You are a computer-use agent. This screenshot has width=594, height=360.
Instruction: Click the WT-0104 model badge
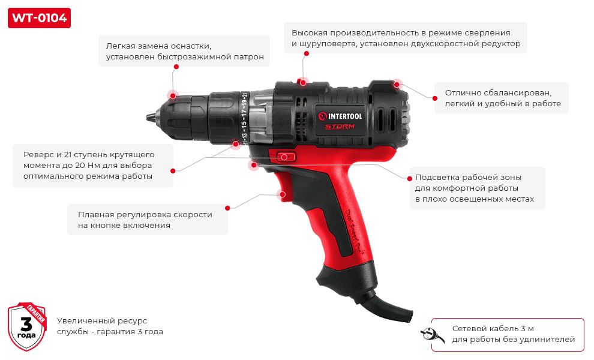click(x=39, y=18)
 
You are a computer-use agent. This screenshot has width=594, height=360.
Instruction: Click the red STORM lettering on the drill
click(x=340, y=126)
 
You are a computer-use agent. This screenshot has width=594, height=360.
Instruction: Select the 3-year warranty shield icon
click(x=27, y=326)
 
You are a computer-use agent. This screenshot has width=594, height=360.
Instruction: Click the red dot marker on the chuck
click(x=172, y=95)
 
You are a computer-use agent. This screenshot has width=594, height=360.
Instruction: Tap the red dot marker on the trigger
click(x=281, y=194)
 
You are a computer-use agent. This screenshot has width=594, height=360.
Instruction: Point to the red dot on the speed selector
click(x=302, y=81)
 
